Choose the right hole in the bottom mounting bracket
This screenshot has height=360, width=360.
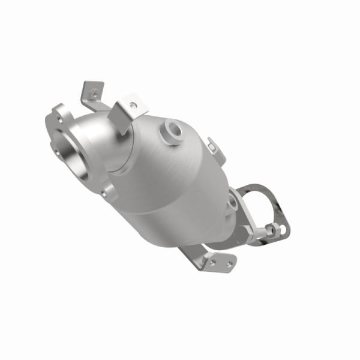point(228,262)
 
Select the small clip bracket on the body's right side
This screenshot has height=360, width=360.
point(212,146)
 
